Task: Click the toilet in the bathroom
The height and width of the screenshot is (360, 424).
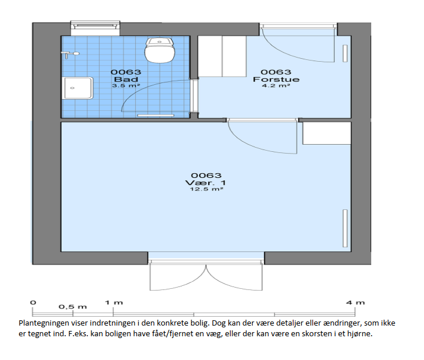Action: pos(160,50)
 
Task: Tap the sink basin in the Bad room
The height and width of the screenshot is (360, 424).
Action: pos(78,88)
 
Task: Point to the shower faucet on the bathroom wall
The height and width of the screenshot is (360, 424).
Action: pos(70,55)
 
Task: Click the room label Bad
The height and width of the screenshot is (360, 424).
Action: pos(126,79)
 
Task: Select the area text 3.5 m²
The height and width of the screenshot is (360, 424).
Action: pos(126,85)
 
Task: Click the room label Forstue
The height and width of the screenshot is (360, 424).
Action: pos(276,79)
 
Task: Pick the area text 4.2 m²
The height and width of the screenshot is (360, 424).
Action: pos(276,85)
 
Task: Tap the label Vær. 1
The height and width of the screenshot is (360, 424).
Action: pos(206,183)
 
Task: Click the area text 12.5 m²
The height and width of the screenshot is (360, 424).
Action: pos(206,189)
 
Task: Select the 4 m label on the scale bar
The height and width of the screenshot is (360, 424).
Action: pos(355,302)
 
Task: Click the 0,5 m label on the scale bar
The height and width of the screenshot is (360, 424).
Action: pos(73,307)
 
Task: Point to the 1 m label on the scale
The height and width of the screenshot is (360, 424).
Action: pos(114,302)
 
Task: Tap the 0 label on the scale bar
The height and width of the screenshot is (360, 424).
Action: pos(33,302)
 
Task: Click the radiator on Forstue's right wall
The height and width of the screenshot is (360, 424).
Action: pos(345,53)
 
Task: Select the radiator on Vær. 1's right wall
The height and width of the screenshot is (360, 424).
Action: pos(345,228)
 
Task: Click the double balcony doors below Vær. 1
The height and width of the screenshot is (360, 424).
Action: pos(206,275)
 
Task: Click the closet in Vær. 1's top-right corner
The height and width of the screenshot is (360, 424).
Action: pos(327,133)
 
